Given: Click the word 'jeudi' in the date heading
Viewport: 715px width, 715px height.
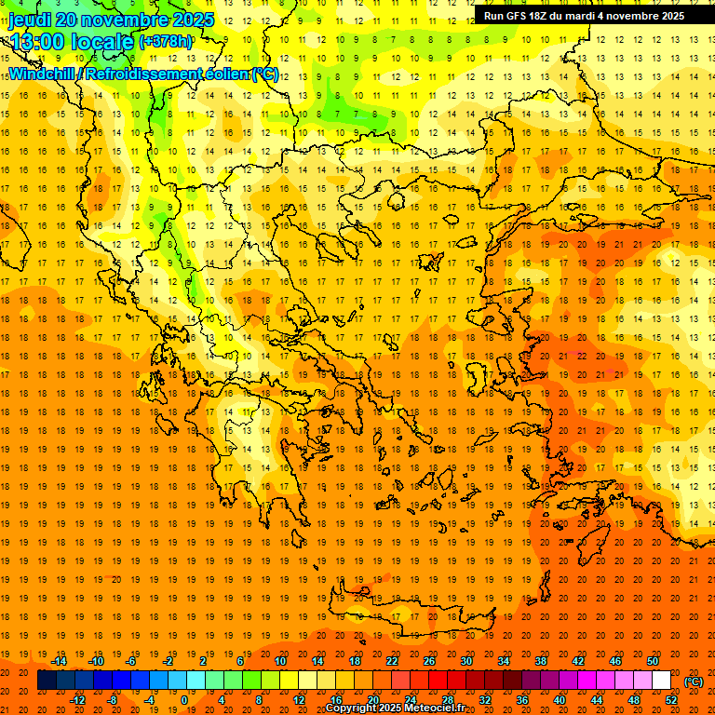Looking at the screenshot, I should point(30,20).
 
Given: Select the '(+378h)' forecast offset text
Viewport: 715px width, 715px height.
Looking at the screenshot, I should point(166,41).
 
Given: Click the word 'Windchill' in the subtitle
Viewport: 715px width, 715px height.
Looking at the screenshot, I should point(40,74).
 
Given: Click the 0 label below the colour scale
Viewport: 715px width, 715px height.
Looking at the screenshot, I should point(184,700).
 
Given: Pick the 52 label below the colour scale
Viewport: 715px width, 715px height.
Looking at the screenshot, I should point(671,700).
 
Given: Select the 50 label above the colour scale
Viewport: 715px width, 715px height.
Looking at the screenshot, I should point(653,661).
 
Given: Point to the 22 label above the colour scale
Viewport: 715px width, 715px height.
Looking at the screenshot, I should point(392,661).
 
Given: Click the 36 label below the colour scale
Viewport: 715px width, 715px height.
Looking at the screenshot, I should point(522,700).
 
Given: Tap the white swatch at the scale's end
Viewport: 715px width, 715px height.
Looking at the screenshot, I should point(662,681).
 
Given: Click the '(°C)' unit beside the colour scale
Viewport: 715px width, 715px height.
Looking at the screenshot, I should point(693,681).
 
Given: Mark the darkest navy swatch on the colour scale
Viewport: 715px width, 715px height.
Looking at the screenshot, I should point(47,681).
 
